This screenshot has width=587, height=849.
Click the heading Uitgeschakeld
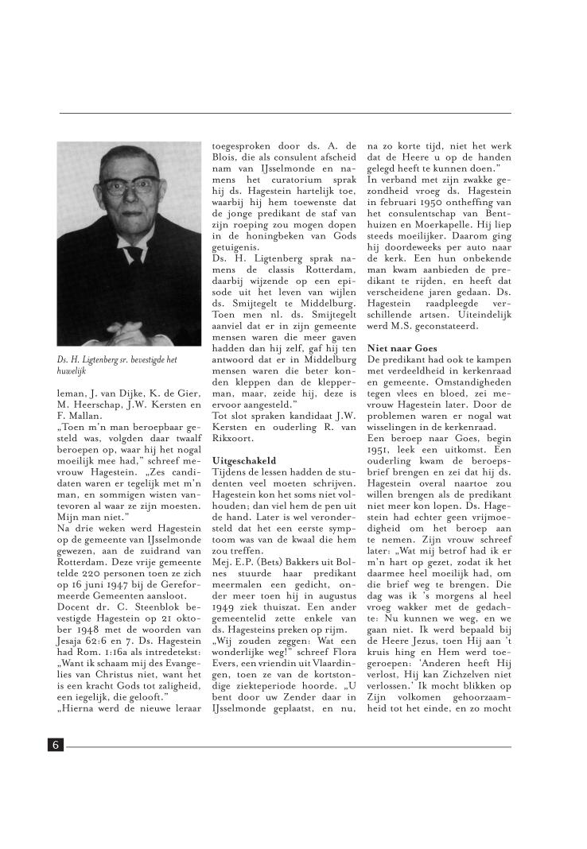[244, 460]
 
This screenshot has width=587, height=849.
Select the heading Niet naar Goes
[402, 348]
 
